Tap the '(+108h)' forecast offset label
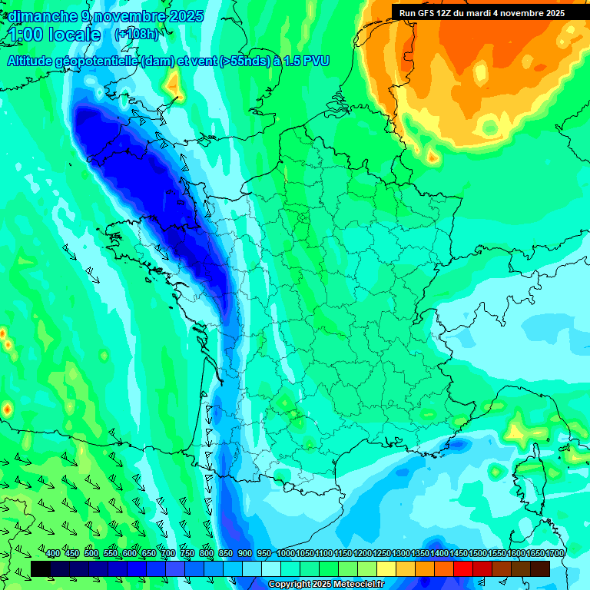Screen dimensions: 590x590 tap(136, 35)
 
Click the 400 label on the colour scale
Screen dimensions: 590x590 tap(53, 554)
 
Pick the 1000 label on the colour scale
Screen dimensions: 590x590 tap(286, 554)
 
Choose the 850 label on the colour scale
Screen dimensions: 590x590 tap(226, 554)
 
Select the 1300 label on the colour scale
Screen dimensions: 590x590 tap(401, 554)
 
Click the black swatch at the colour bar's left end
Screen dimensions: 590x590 tap(41, 568)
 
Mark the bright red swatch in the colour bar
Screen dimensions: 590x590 tap(463, 568)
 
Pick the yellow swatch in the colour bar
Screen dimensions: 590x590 tap(386, 568)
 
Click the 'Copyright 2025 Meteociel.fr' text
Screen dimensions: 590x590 tap(326, 585)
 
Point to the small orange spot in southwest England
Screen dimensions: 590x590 tap(175, 85)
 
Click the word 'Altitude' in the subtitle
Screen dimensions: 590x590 tap(32, 61)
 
